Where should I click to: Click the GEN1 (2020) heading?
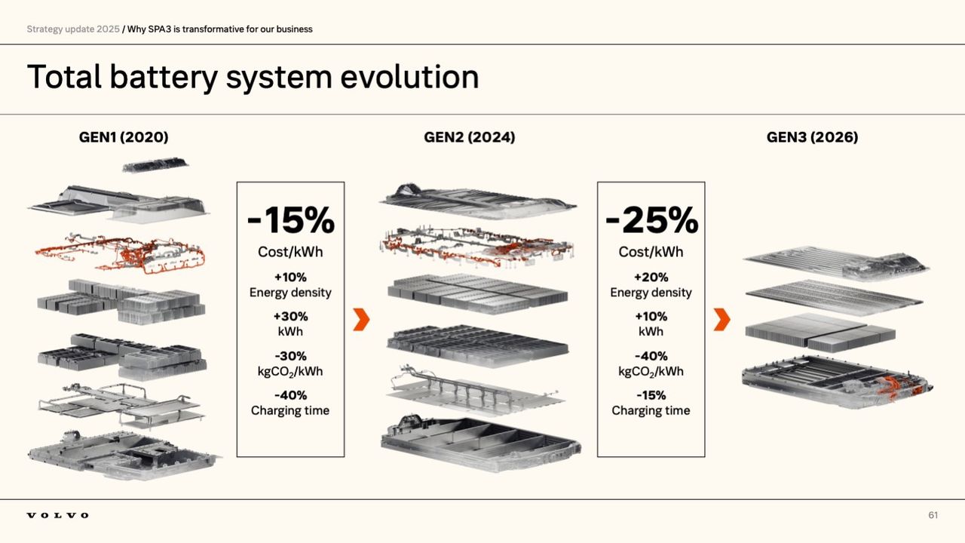coord(124,137)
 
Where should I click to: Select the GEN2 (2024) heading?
coord(470,137)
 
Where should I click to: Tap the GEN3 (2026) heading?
coord(812,137)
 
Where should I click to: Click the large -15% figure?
coord(290,220)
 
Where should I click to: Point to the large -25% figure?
coord(651,220)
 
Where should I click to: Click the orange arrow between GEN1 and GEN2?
coord(361,319)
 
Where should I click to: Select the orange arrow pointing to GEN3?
coord(721,319)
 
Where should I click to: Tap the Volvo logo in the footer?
coord(57,515)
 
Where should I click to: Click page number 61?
coord(933,515)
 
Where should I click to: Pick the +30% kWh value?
coord(290,316)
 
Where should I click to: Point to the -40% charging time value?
coord(290,394)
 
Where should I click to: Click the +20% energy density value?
coord(651,277)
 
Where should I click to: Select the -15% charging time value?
coord(651,394)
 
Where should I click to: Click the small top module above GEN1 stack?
coord(155,164)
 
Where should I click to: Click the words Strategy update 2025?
coord(73,29)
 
